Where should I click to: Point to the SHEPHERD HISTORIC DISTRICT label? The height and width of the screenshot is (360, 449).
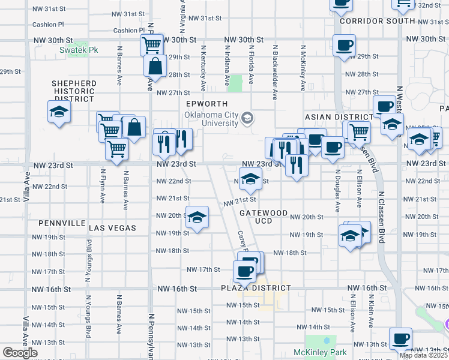point(74,91)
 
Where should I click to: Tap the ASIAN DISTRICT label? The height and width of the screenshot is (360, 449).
point(339,116)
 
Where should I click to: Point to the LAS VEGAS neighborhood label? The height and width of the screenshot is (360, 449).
point(113,228)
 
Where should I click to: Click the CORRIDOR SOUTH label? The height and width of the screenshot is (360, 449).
point(377,21)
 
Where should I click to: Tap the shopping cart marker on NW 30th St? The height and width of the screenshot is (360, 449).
point(152,44)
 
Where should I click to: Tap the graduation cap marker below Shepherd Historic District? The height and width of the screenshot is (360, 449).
point(58,112)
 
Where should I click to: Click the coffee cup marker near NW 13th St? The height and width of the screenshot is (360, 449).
point(400,338)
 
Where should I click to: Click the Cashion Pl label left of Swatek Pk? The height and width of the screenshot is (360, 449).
point(48,25)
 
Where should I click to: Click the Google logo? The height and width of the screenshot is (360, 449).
point(20,353)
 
